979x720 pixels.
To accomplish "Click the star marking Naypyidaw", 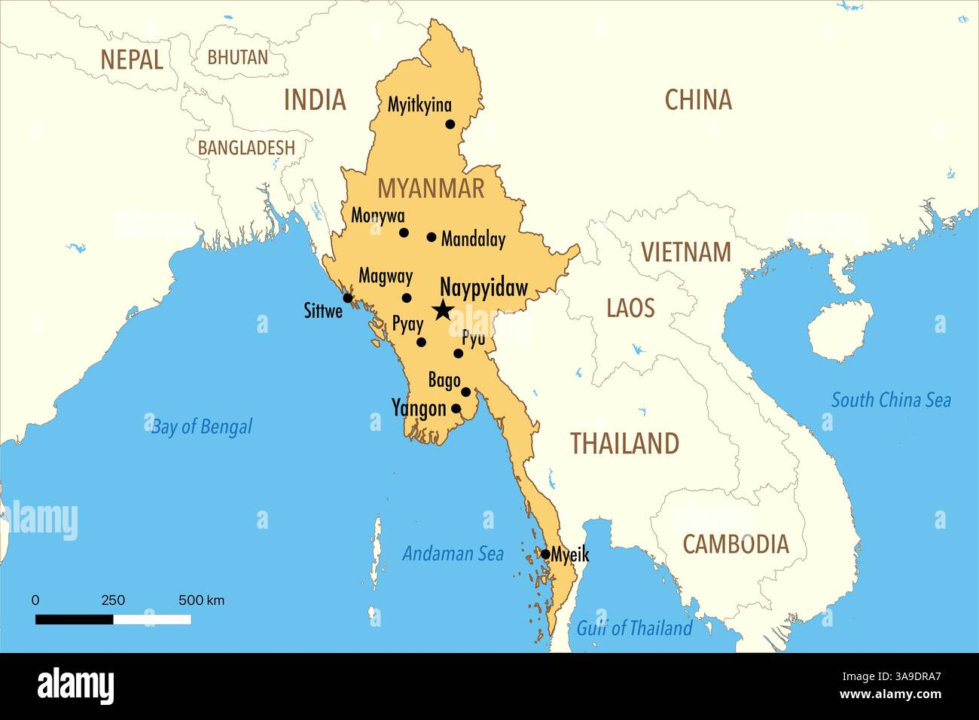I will (x=443, y=310).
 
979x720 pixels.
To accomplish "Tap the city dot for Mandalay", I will (x=432, y=237).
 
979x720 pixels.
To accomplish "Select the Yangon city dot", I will (x=456, y=409).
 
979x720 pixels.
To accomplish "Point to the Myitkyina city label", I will (x=419, y=105).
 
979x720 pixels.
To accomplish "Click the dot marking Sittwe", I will (x=348, y=298).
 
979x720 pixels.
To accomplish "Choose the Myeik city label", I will (x=570, y=555).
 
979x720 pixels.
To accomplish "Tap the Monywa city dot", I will (x=404, y=233).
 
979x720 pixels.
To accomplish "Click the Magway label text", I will (x=385, y=276).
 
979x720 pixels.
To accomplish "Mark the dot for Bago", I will (x=466, y=392).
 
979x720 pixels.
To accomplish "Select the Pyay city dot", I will (x=421, y=342).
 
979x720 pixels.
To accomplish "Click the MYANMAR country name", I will (x=431, y=188).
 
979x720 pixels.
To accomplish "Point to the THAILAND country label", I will (x=624, y=444).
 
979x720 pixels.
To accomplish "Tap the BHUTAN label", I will (x=237, y=57).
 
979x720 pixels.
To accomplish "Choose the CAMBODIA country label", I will (x=735, y=544).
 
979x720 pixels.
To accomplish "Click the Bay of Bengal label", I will (x=202, y=427).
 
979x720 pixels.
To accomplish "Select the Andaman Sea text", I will (x=453, y=554).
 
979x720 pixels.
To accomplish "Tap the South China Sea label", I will (x=890, y=400).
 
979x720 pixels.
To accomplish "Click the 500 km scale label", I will (x=201, y=600).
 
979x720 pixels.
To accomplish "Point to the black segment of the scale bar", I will (x=75, y=619).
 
